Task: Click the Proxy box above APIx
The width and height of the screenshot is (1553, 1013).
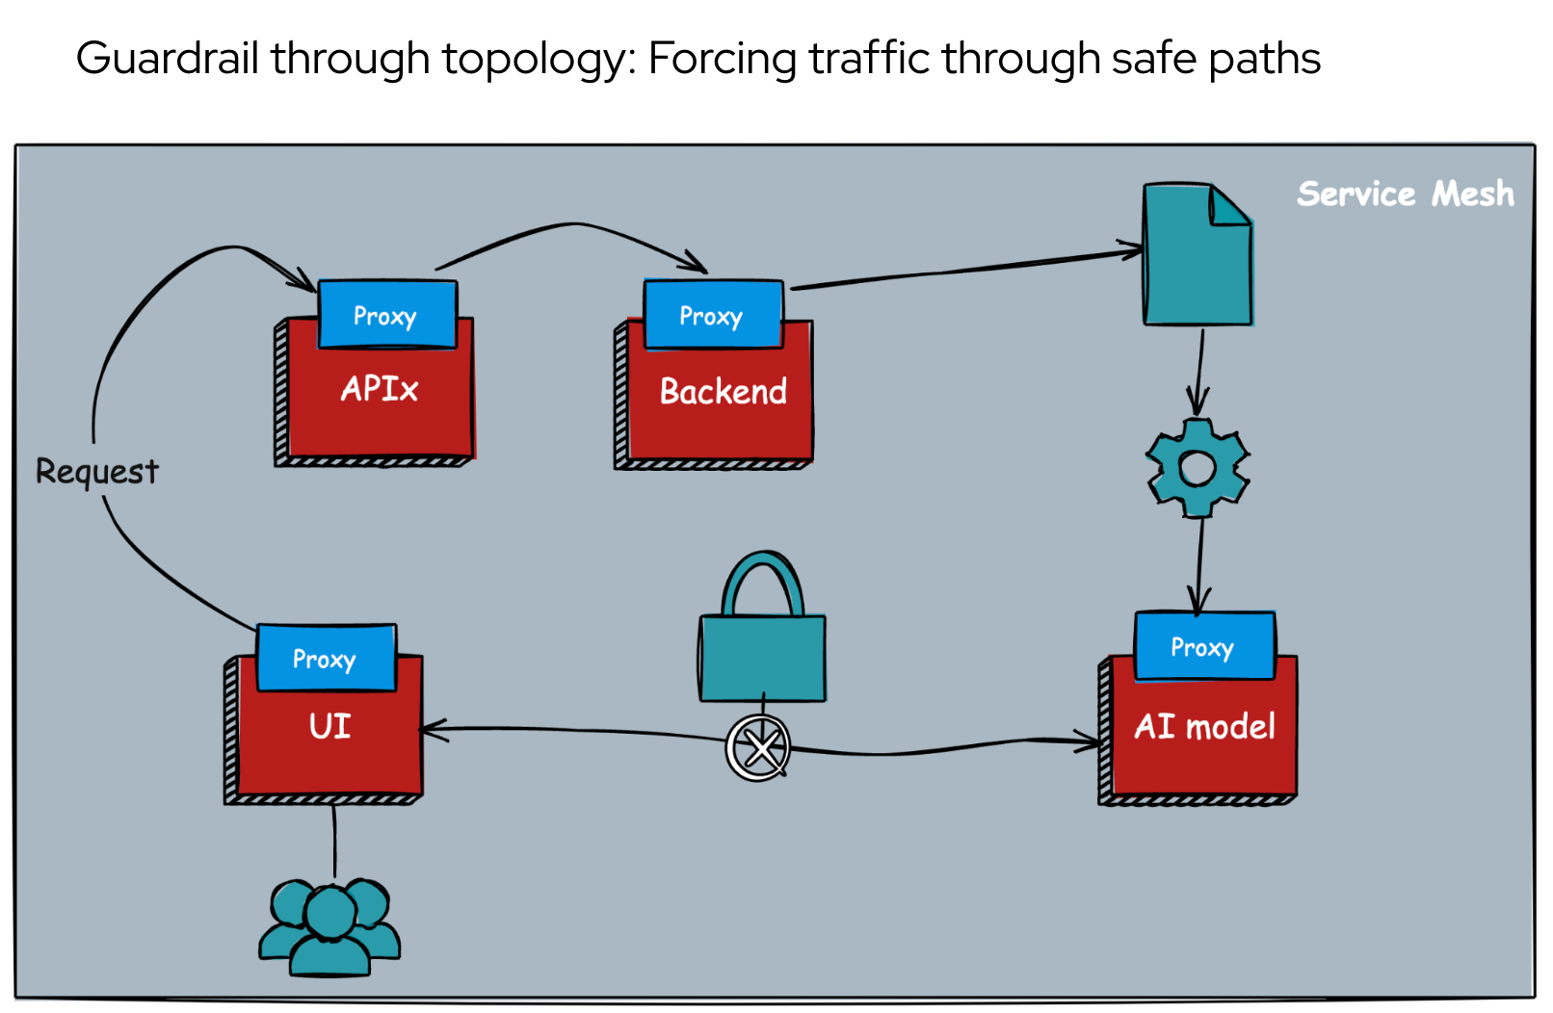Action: pos(386,315)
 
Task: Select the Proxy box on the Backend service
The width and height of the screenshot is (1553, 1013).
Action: pos(712,315)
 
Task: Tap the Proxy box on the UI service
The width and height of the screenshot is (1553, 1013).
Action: pos(326,659)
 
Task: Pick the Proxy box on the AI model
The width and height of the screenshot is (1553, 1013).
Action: pos(1203,646)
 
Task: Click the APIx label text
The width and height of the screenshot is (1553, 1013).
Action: pos(380,389)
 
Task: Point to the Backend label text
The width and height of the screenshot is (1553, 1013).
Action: pos(723,392)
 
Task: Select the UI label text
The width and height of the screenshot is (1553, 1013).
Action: pos(329,726)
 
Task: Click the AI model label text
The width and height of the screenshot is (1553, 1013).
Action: pos(1204,726)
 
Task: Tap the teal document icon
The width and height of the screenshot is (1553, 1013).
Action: pos(1197,256)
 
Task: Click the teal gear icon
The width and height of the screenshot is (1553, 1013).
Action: pos(1198,468)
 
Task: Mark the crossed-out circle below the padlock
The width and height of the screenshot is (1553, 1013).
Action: pos(759,748)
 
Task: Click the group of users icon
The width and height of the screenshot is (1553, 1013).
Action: pos(329,926)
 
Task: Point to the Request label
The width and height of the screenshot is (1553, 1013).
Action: pos(96,471)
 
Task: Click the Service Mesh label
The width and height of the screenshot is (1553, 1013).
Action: pos(1405,194)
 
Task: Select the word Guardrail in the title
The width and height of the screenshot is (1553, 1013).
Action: pos(167,59)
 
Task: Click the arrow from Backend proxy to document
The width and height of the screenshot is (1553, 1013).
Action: pos(963,271)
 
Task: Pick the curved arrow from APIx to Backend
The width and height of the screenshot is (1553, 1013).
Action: pos(574,225)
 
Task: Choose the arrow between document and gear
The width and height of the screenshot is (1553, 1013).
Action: pos(1199,371)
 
